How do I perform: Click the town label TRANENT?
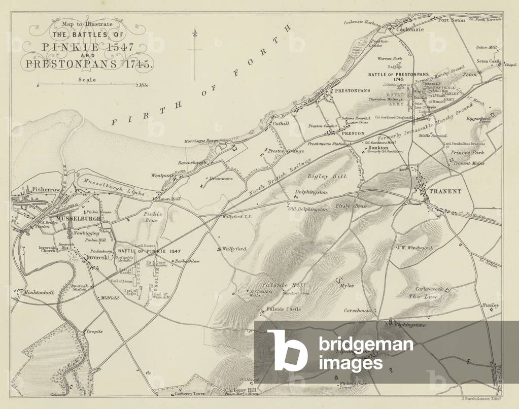click(445, 191)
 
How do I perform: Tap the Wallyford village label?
click(234, 249)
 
